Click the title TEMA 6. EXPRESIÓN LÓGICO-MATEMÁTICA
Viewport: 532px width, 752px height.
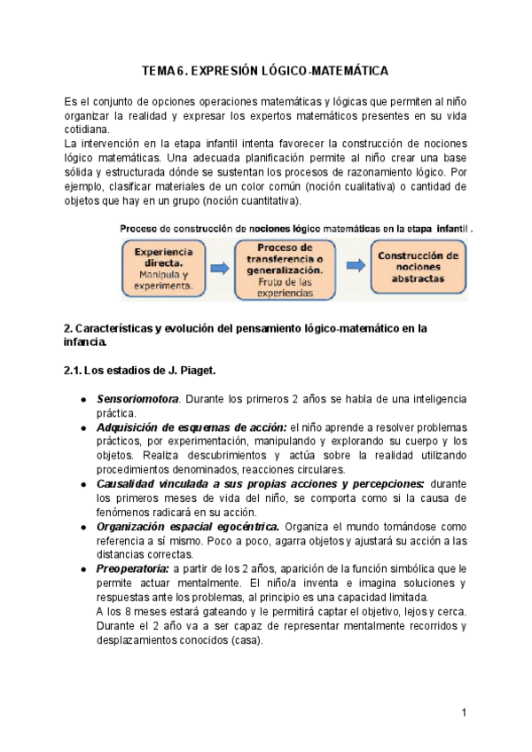[x=266, y=70]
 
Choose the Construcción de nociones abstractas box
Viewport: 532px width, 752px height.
[x=418, y=268]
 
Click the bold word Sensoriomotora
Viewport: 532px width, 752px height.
[x=137, y=399]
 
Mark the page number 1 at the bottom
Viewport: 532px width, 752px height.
[x=464, y=713]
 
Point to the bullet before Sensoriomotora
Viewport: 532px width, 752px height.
[x=82, y=400]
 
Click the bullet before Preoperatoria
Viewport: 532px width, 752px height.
[x=82, y=568]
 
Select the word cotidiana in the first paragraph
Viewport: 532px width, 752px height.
[x=88, y=129]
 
